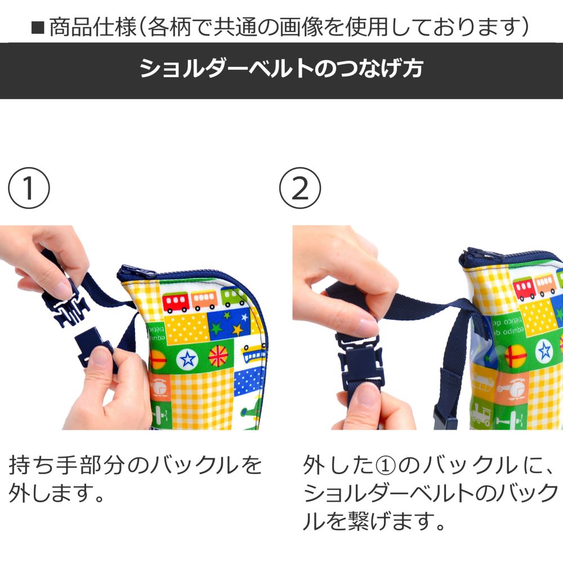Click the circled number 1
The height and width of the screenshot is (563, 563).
point(29,188)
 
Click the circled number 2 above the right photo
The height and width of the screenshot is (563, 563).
point(300,188)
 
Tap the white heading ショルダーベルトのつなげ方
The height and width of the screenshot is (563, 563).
point(281,68)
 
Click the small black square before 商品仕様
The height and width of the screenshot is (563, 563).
point(38,28)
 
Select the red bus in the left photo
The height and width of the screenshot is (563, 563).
point(176,302)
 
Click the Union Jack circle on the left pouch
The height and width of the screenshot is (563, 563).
point(218,355)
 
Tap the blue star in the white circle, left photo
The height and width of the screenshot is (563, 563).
point(188,358)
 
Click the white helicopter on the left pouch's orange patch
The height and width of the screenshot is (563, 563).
point(159,388)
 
